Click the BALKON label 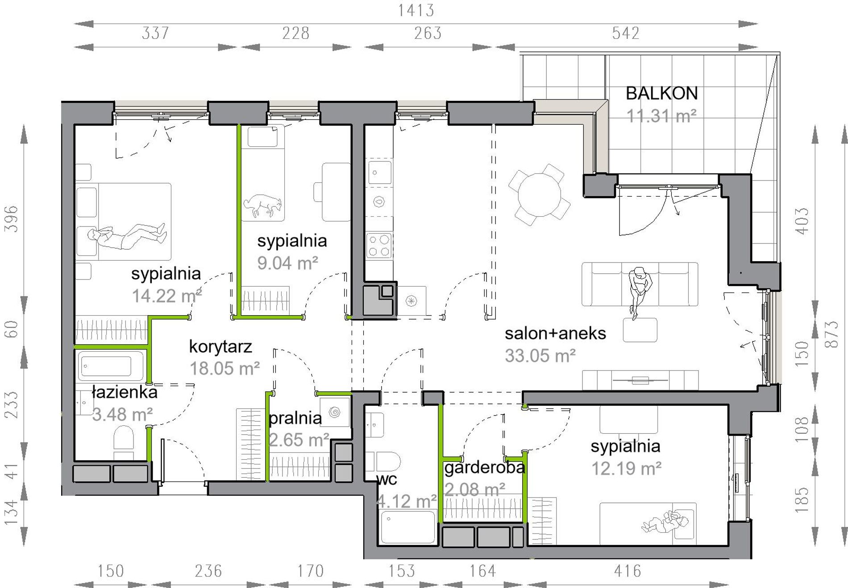point(661,94)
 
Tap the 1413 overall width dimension point(416,10)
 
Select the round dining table point(539,195)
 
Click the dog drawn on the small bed point(263,206)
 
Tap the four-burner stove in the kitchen point(379,246)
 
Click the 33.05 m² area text point(540,356)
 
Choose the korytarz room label point(220,346)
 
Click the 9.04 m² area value point(287,263)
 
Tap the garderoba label point(485,467)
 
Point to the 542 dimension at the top point(626,33)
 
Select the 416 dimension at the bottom point(627,571)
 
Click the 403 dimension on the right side point(802,221)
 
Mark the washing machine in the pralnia point(334,412)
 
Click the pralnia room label point(295,418)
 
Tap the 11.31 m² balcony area point(661,116)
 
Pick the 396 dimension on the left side point(11,218)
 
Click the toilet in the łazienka point(124,442)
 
